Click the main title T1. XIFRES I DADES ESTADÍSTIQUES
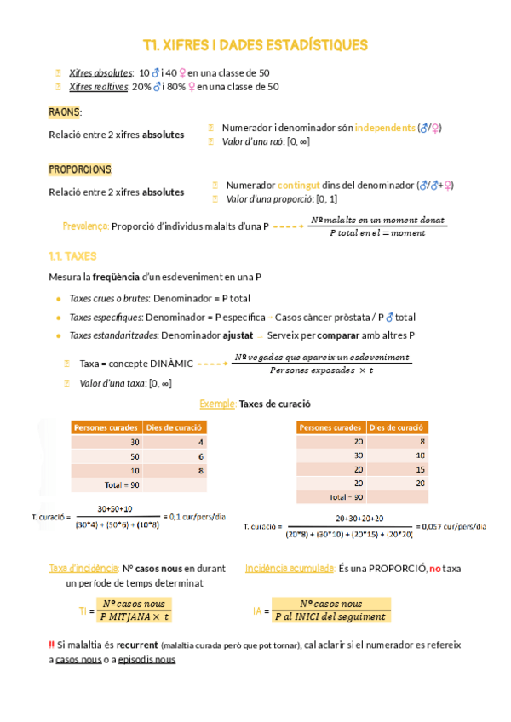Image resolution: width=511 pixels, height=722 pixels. (255, 44)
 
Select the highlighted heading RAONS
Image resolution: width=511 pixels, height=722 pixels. (64, 112)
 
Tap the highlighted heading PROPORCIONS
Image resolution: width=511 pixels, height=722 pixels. (80, 169)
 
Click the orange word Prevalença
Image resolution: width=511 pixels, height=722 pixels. (85, 226)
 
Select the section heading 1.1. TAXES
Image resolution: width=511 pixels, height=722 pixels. (73, 255)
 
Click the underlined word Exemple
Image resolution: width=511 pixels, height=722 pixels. (217, 404)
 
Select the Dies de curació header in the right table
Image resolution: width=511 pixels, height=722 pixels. (398, 427)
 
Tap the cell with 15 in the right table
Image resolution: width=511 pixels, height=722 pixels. (399, 469)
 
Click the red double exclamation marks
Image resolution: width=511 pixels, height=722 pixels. (52, 645)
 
